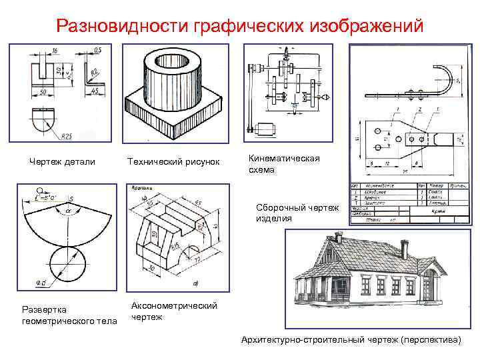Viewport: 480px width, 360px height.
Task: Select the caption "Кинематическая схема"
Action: pos(274,164)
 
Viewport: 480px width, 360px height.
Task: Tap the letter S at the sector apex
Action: pos(71,199)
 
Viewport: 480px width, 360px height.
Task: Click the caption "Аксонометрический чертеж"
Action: pos(175,311)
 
